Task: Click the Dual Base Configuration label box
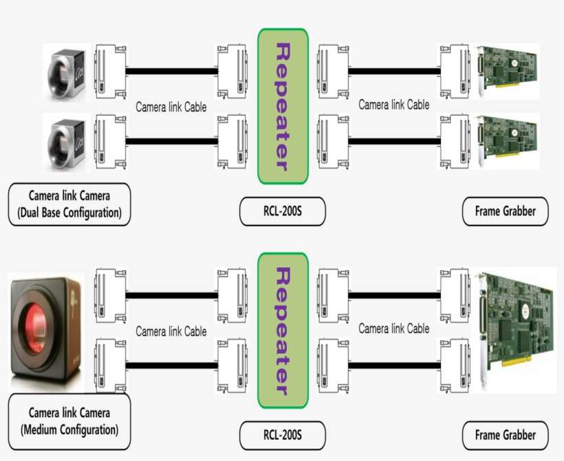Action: (x=69, y=204)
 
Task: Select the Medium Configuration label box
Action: (x=69, y=422)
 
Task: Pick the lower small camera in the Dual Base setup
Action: (x=66, y=142)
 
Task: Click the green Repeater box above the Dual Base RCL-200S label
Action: (x=283, y=107)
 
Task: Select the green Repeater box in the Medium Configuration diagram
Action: (x=283, y=330)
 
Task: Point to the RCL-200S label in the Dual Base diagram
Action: (x=282, y=212)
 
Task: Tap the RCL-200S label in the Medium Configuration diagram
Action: (x=282, y=435)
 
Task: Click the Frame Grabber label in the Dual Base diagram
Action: (x=505, y=212)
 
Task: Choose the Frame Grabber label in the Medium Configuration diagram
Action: (x=505, y=435)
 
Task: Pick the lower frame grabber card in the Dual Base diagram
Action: (x=509, y=141)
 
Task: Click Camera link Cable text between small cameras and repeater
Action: (x=171, y=107)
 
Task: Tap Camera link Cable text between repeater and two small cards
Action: (x=393, y=105)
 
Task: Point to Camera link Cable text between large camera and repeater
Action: (x=171, y=332)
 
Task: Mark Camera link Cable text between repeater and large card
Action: (x=393, y=329)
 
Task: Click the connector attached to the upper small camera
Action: (x=110, y=70)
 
